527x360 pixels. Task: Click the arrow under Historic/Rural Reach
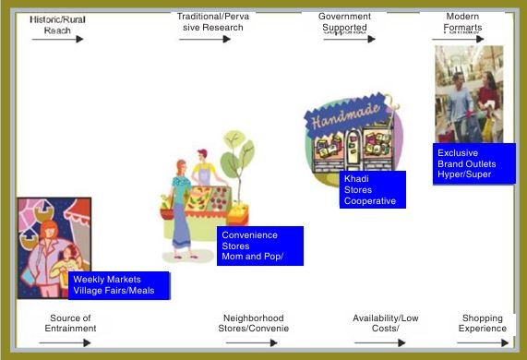click(x=57, y=39)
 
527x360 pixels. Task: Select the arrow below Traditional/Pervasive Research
click(x=205, y=39)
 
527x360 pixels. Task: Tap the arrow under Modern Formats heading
click(x=457, y=39)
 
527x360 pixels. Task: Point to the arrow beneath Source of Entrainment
click(x=65, y=342)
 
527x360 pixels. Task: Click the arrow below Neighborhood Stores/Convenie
click(x=251, y=342)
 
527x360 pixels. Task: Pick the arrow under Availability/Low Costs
click(x=379, y=342)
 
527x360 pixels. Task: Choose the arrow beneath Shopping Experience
click(x=483, y=342)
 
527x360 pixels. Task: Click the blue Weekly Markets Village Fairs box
click(x=119, y=285)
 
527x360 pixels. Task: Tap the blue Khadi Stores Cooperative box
click(x=372, y=189)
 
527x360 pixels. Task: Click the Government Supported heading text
click(x=344, y=22)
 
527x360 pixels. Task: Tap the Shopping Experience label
click(x=483, y=323)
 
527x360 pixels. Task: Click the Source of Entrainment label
click(x=72, y=323)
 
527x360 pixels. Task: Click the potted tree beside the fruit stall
click(x=238, y=175)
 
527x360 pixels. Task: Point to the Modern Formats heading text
click(x=462, y=22)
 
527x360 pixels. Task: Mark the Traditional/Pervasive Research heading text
click(x=210, y=22)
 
